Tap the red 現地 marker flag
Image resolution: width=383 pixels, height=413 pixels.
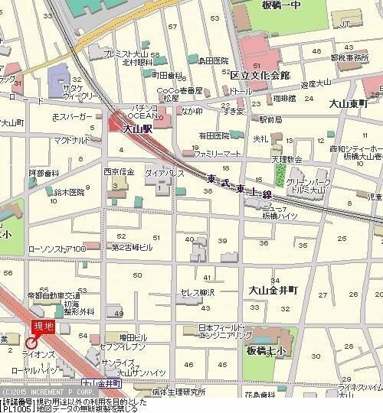(x=44, y=327)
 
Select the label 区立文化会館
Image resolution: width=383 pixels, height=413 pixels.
(x=260, y=76)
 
